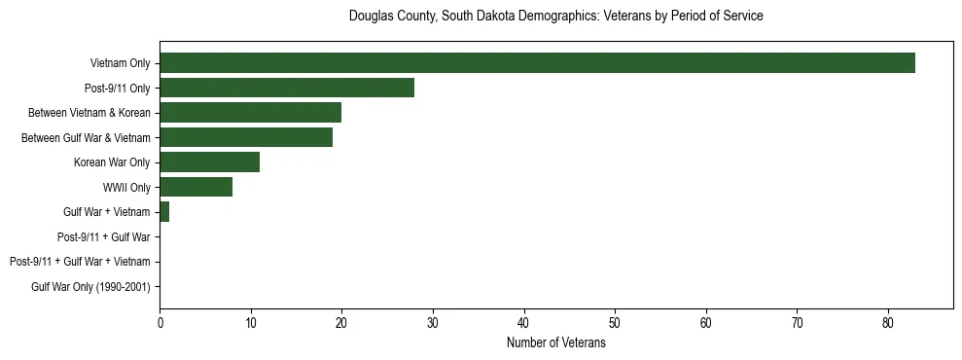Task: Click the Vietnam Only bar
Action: click(x=537, y=63)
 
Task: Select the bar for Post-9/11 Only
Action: click(x=287, y=88)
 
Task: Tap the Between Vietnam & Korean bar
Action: click(x=250, y=113)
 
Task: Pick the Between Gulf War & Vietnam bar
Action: click(x=246, y=137)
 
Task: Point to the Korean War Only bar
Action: click(x=209, y=162)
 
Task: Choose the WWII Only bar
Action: click(x=196, y=187)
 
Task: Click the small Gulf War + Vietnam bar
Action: click(x=164, y=212)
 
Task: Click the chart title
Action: click(x=555, y=17)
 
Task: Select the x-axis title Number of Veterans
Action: click(x=555, y=343)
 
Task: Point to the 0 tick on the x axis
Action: click(x=160, y=324)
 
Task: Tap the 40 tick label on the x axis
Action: click(x=524, y=324)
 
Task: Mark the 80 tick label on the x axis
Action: click(x=888, y=324)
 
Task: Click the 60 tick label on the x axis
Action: click(x=706, y=324)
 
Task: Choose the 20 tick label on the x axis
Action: click(x=341, y=324)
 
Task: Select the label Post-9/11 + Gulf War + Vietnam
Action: click(x=80, y=262)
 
